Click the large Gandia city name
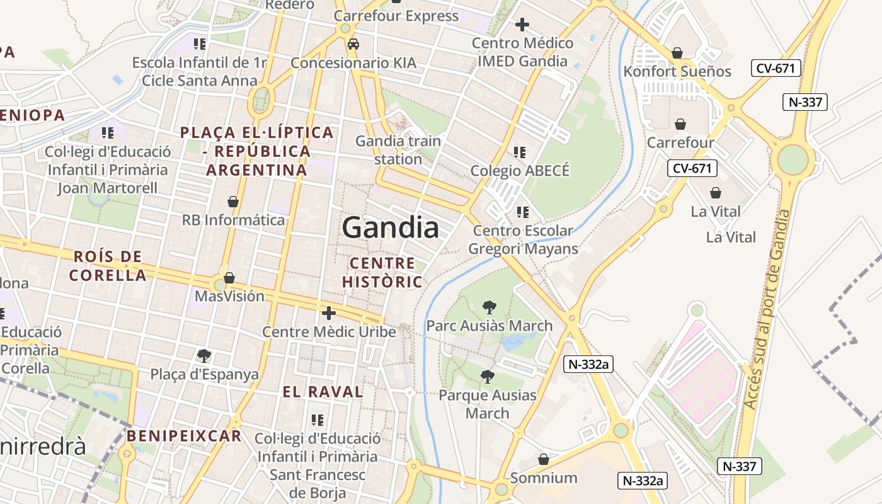(x=390, y=227)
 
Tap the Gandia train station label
(x=398, y=150)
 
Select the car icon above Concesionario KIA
(x=353, y=44)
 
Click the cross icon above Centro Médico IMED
(x=522, y=25)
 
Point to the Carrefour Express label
(x=396, y=16)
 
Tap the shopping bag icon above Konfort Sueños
(x=677, y=53)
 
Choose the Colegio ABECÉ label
(x=520, y=171)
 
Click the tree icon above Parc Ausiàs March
(x=489, y=307)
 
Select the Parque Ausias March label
(x=487, y=404)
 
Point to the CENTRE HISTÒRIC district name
(x=382, y=272)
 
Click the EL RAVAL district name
(x=323, y=392)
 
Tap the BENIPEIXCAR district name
(x=184, y=436)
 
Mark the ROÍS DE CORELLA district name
(x=108, y=266)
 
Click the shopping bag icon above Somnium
(x=544, y=460)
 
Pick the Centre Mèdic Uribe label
(x=329, y=331)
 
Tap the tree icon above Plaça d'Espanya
(x=203, y=356)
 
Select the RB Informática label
(x=233, y=220)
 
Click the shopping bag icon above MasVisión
(x=229, y=278)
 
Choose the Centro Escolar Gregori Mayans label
(x=522, y=239)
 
